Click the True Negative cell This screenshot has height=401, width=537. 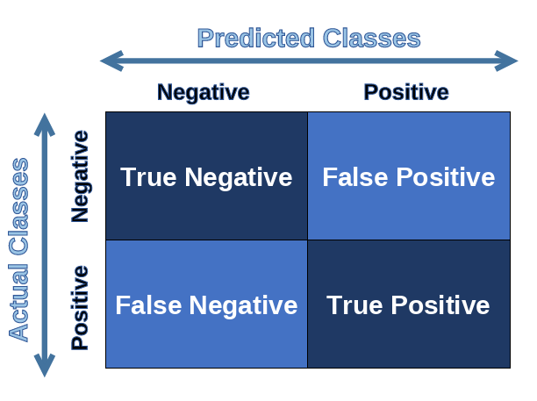[x=206, y=176]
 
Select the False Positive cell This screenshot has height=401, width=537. [x=409, y=176]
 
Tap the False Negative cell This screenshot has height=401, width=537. [x=206, y=304]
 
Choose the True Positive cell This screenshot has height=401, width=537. [x=409, y=304]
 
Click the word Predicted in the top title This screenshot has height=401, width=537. [x=256, y=38]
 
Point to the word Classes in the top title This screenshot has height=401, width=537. [x=371, y=38]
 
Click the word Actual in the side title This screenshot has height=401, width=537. [x=18, y=303]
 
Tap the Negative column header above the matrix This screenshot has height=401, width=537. [x=204, y=92]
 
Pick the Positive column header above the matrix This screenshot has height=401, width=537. [x=406, y=92]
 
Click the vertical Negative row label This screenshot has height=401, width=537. [x=80, y=176]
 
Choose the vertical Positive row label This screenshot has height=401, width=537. [x=80, y=307]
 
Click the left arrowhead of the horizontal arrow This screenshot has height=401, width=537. [x=111, y=61]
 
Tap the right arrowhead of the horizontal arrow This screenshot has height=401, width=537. [x=506, y=61]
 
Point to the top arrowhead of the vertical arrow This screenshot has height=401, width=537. [x=45, y=125]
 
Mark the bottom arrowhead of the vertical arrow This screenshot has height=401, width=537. [x=45, y=365]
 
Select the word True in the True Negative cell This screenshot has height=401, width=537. [x=148, y=177]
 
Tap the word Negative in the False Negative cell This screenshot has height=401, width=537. [x=244, y=305]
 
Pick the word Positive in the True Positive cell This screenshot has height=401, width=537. [x=440, y=304]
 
